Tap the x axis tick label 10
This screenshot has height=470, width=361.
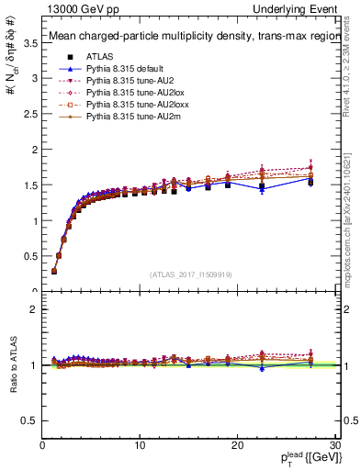[140, 445]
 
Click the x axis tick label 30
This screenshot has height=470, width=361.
[335, 445]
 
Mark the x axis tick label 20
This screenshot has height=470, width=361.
[238, 445]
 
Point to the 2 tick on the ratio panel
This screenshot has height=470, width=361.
[35, 309]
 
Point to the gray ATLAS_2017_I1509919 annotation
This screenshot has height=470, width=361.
[191, 274]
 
